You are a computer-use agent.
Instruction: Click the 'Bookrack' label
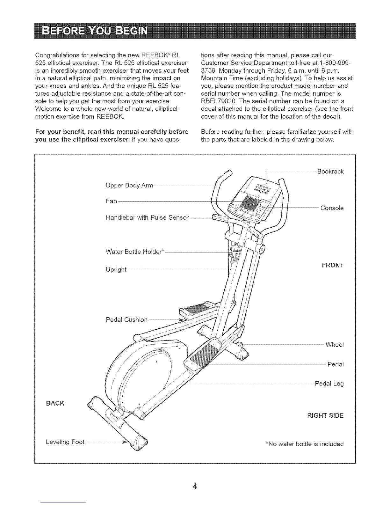[x=330, y=172]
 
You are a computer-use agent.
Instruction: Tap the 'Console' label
[x=332, y=208]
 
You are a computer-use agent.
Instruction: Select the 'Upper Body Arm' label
[x=129, y=186]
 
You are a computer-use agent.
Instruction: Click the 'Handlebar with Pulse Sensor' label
[x=147, y=218]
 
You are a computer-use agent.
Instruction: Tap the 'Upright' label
[x=116, y=270]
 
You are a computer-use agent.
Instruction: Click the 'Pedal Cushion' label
[x=126, y=319]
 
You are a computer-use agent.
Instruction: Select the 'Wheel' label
[x=334, y=345]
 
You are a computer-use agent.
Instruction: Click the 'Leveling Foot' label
[x=65, y=442]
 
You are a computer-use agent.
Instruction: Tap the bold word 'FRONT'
[x=333, y=265]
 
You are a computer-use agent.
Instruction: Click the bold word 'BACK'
[x=55, y=403]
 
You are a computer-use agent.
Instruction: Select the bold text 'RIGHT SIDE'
[x=325, y=415]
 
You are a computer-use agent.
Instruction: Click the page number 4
[x=195, y=477]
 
